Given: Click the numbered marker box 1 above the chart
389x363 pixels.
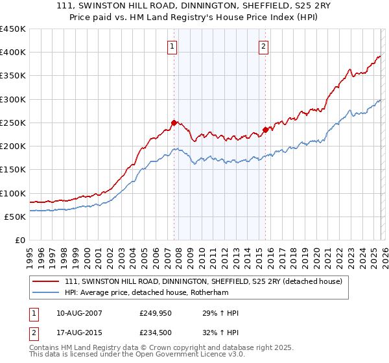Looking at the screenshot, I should click(173, 46).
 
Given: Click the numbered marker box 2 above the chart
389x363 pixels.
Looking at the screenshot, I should click(265, 46).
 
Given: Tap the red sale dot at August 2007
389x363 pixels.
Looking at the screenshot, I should click(174, 123).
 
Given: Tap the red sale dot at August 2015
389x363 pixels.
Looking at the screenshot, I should click(265, 130).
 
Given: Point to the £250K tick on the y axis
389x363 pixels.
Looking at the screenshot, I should click(13, 123).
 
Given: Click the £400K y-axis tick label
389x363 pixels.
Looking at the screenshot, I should click(13, 53).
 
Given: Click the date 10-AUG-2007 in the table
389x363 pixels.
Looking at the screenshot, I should click(79, 313).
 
